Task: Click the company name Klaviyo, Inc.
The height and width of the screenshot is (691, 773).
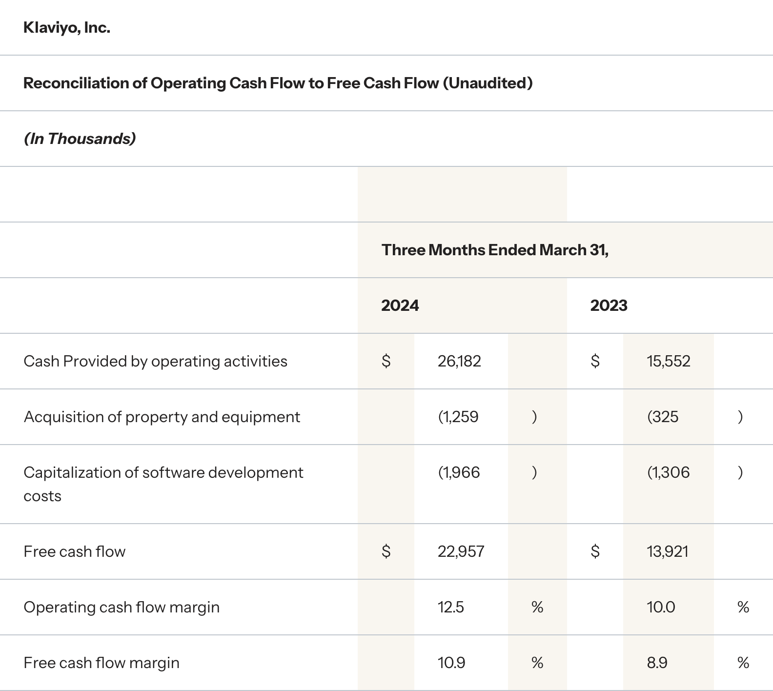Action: click(67, 28)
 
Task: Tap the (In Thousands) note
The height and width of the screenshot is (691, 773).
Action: click(80, 139)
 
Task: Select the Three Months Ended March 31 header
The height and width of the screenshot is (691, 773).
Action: click(495, 250)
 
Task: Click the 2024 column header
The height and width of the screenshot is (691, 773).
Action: click(400, 306)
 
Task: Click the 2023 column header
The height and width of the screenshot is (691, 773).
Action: click(609, 306)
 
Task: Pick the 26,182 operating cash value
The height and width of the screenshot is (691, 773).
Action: click(459, 362)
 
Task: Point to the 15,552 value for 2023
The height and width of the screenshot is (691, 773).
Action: click(669, 362)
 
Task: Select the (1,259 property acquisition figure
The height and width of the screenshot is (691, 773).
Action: click(458, 417)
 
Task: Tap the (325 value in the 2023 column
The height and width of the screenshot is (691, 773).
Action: click(663, 417)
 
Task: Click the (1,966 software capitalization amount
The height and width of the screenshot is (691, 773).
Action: click(459, 473)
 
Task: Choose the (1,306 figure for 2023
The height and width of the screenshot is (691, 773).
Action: click(669, 473)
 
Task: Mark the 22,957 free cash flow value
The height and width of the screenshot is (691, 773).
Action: click(461, 552)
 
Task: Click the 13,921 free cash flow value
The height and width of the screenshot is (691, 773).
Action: click(668, 552)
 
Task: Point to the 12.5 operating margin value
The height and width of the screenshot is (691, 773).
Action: click(451, 608)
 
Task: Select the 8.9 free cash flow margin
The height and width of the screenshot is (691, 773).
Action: click(657, 663)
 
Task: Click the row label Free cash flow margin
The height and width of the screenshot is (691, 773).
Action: click(102, 663)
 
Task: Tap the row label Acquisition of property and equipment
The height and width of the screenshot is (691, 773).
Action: click(162, 417)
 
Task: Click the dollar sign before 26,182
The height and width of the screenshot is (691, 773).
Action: click(386, 362)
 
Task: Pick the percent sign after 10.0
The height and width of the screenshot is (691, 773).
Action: click(743, 608)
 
